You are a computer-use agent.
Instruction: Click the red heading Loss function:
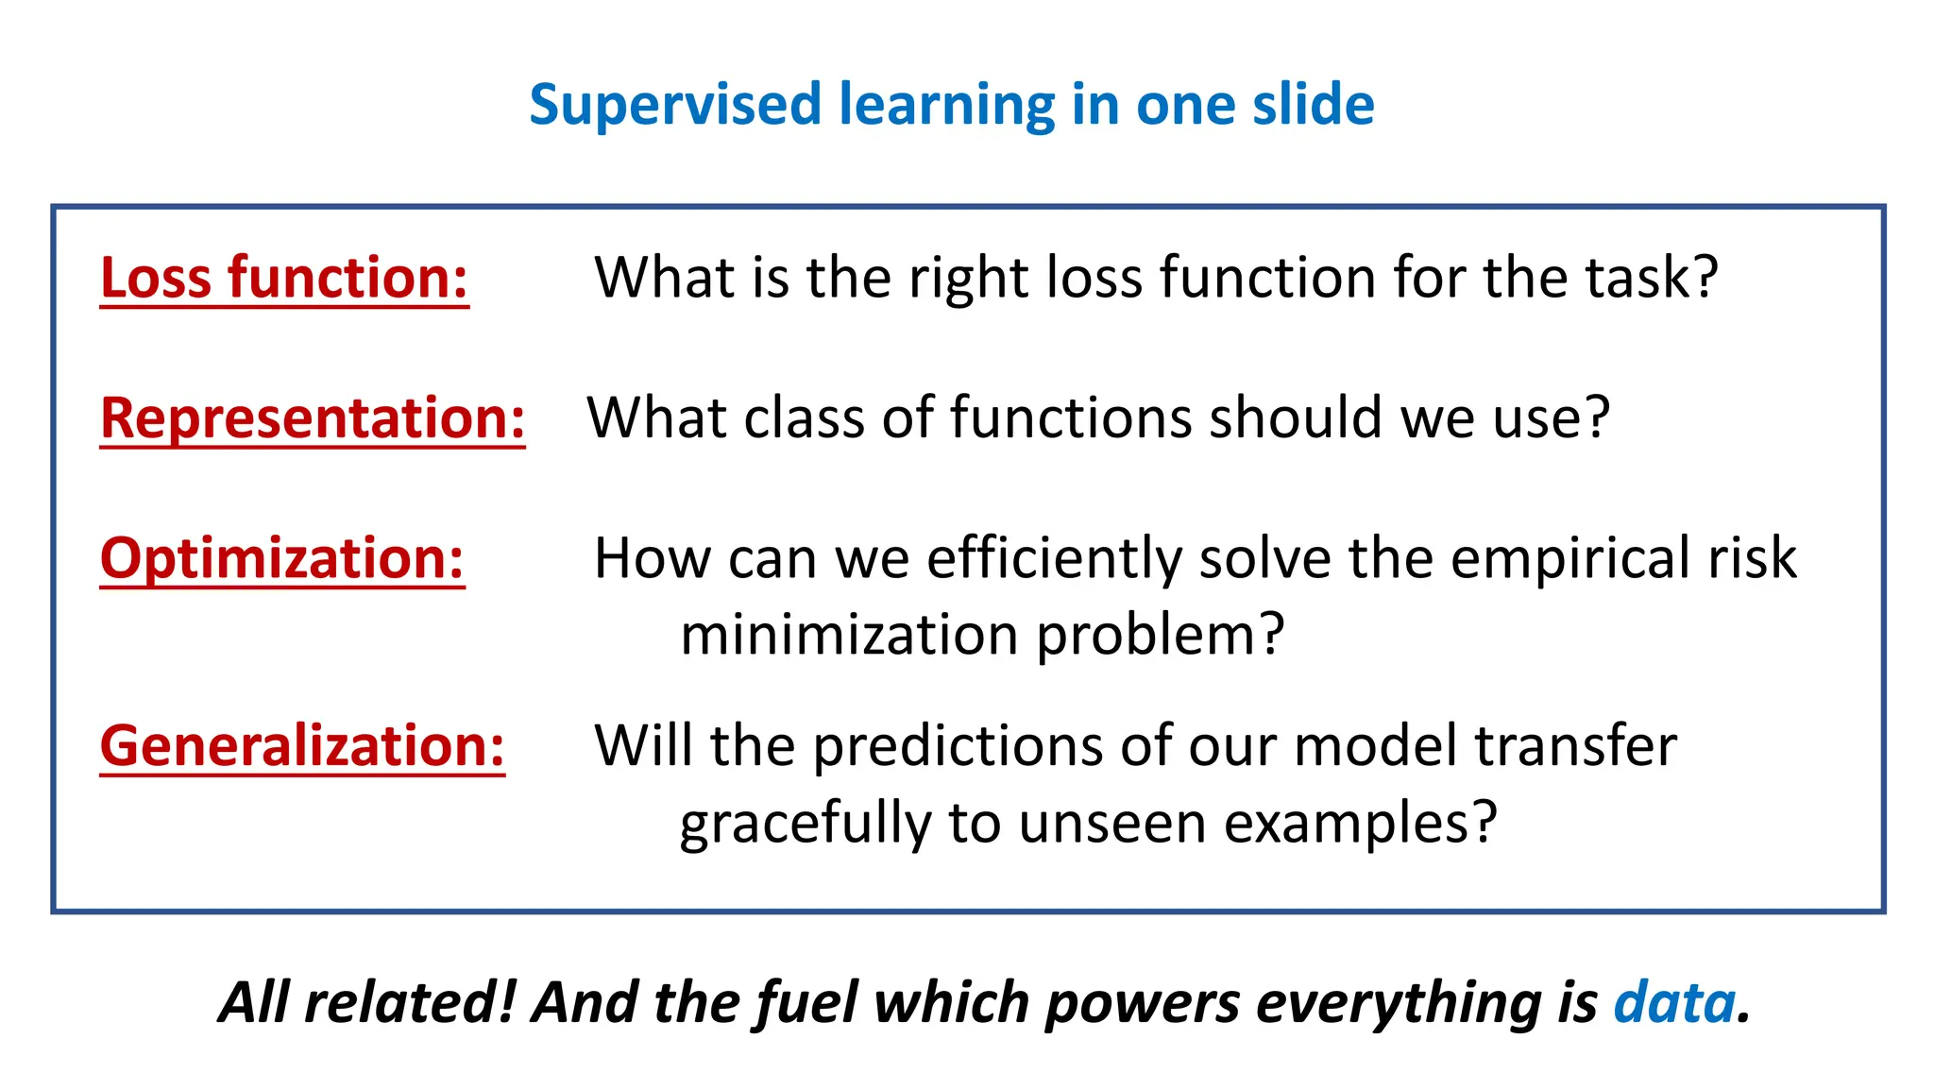[284, 279]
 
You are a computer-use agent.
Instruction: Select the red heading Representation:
[313, 418]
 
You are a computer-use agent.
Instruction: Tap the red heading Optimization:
[282, 558]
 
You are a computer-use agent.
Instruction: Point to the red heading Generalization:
[302, 746]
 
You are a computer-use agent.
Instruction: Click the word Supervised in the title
[674, 105]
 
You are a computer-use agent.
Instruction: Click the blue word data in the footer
[1674, 1002]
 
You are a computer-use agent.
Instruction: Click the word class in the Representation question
[804, 418]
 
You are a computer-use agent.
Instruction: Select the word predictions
[958, 746]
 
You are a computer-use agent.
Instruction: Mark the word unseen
[1111, 824]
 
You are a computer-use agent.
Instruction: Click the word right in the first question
[970, 279]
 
